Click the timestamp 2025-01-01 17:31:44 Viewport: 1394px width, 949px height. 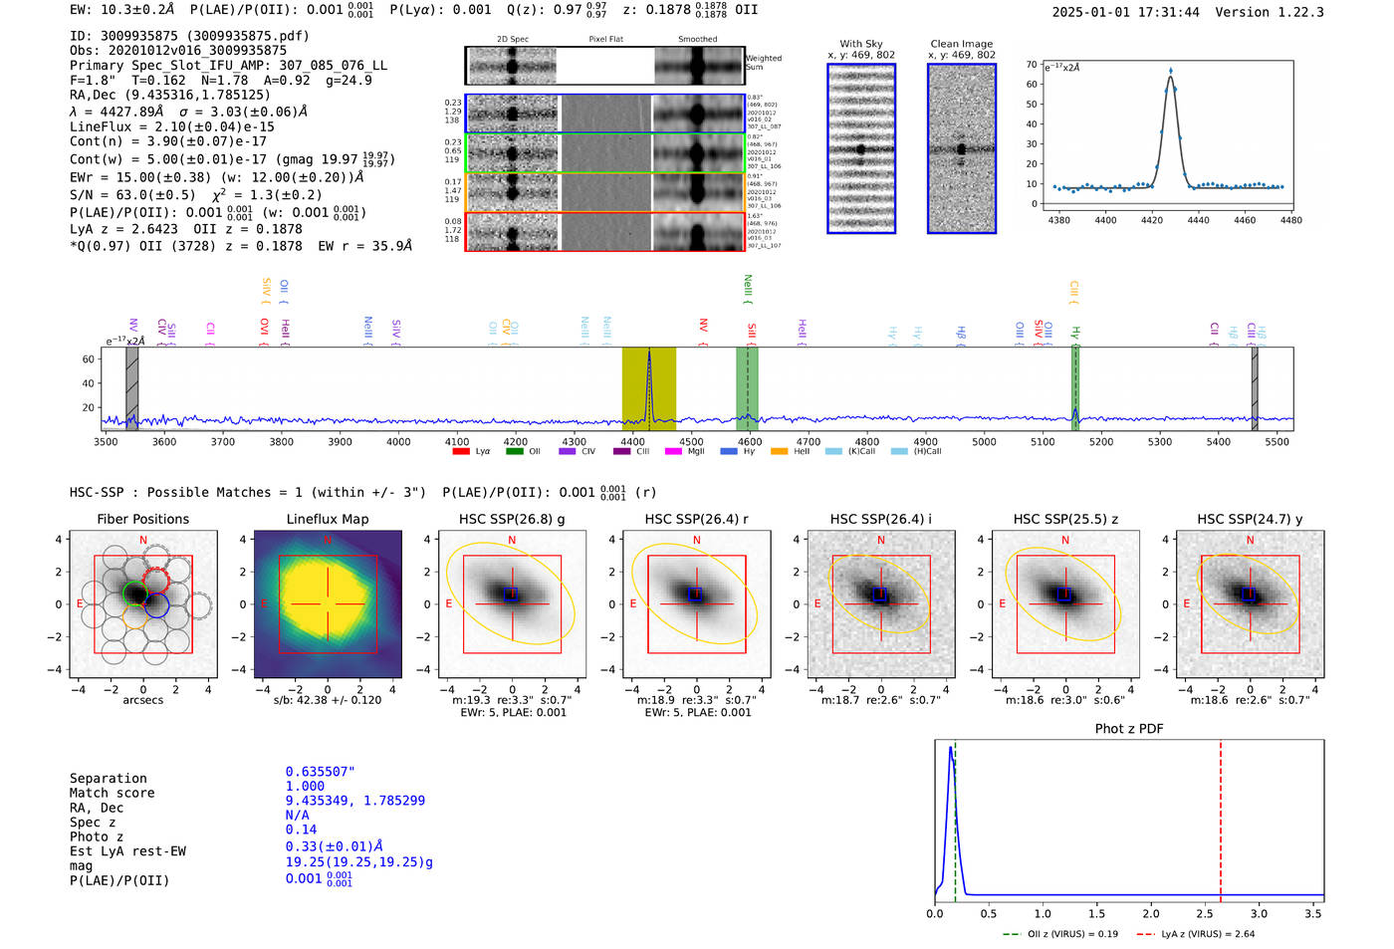pos(1125,12)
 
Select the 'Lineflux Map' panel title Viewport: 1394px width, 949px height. pos(327,519)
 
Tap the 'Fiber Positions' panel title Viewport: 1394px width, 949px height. pos(142,519)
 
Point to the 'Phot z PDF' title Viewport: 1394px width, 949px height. pos(1129,729)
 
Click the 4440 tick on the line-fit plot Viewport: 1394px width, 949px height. pos(1198,220)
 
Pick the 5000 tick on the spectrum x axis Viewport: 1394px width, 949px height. pos(984,442)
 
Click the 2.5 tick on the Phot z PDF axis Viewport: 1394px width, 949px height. pos(1205,913)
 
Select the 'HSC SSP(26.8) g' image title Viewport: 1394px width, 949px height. pos(511,519)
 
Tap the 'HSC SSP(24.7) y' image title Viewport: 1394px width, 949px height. pos(1250,519)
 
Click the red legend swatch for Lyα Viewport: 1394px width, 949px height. pos(460,452)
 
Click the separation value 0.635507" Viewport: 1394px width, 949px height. pos(320,772)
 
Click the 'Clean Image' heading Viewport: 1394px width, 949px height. pos(961,44)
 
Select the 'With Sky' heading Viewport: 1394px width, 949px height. pos(860,44)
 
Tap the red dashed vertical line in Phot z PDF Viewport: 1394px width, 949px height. pos(1221,817)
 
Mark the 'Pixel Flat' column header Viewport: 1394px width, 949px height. pos(605,39)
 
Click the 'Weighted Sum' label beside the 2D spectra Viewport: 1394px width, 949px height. pos(763,62)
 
